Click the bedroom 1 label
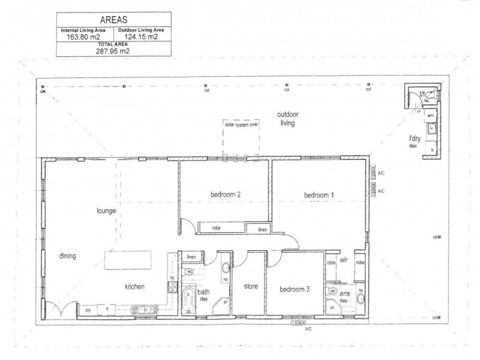tap(319, 194)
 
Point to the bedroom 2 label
tap(226, 194)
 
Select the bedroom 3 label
tap(295, 289)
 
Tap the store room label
tap(251, 287)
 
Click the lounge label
tap(106, 211)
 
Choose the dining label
tap(67, 256)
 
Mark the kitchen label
tap(135, 287)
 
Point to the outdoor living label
tap(288, 119)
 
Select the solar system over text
tap(241, 125)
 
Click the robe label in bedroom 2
tap(217, 229)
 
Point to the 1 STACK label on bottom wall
tap(299, 323)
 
